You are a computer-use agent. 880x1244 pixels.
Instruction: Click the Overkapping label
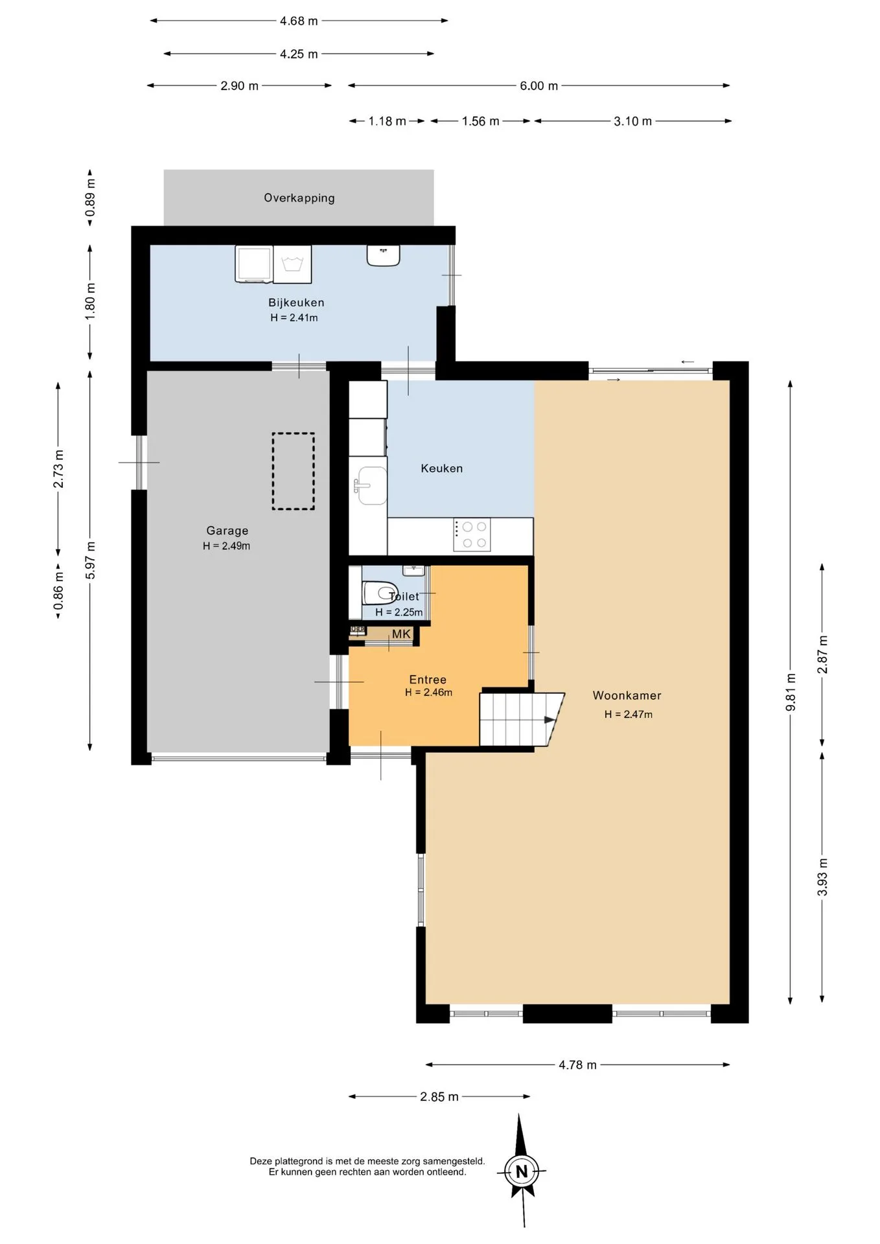point(299,198)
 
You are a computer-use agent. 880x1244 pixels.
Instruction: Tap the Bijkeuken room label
point(296,303)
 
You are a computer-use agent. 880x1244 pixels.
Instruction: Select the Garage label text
point(227,531)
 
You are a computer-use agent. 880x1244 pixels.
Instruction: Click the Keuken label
point(442,468)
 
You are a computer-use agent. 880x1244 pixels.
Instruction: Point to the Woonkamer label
point(627,695)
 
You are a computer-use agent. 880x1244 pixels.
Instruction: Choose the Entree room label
point(428,680)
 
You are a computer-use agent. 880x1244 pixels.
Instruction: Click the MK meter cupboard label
point(401,634)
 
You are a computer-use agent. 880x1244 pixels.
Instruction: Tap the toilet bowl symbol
point(379,593)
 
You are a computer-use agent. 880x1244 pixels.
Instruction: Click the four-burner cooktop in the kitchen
point(472,535)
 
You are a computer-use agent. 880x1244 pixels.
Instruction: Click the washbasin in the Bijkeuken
point(383,255)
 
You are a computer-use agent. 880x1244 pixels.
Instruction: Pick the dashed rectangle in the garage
point(293,471)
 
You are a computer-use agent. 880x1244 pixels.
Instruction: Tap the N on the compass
point(522,1171)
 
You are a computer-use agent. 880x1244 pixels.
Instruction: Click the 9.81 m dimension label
point(791,692)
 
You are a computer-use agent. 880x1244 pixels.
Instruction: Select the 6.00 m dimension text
point(538,86)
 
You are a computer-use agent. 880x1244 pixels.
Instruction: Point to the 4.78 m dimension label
point(577,1065)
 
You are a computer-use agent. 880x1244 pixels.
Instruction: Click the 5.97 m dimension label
point(90,560)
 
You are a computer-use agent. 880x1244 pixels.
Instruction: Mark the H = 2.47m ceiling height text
point(629,714)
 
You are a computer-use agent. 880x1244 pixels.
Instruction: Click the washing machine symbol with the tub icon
point(293,264)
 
